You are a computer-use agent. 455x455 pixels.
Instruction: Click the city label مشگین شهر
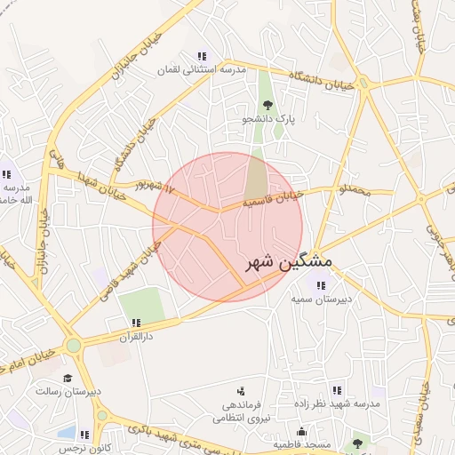[x=287, y=263]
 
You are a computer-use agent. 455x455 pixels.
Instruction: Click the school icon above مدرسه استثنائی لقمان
[x=202, y=55]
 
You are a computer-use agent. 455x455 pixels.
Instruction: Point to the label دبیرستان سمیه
[x=321, y=299]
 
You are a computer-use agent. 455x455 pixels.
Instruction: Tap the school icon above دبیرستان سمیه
[x=321, y=285]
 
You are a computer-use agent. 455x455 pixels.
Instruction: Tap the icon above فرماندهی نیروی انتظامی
[x=240, y=391]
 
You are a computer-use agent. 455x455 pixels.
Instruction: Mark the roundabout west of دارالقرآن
[x=74, y=345]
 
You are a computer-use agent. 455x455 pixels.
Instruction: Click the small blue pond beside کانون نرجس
[x=66, y=433]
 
